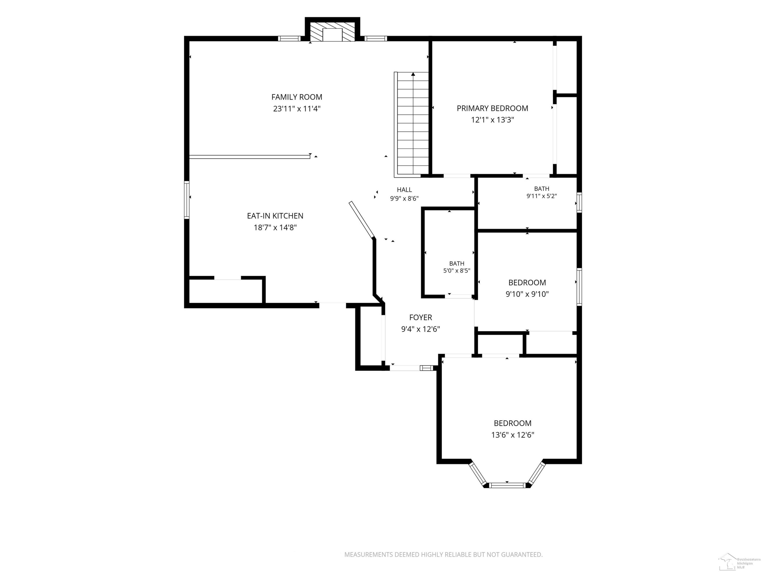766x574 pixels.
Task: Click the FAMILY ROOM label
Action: [x=297, y=97]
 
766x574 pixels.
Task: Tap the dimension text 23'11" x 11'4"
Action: [x=297, y=109]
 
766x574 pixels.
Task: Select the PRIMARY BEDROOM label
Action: [x=493, y=108]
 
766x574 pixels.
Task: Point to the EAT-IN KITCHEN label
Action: [x=275, y=216]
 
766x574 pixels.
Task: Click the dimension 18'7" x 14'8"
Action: [x=275, y=228]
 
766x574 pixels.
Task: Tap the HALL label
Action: [x=404, y=190]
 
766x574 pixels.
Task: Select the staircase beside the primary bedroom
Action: [x=411, y=124]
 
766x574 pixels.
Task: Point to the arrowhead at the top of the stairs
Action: [x=413, y=74]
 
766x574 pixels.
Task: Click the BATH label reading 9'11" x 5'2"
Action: [x=542, y=189]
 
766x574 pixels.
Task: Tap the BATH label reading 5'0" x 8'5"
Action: [x=457, y=263]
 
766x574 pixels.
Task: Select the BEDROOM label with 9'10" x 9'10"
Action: [x=527, y=283]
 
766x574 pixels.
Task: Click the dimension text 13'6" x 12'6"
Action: [x=512, y=435]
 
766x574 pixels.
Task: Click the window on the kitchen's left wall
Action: [x=187, y=200]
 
